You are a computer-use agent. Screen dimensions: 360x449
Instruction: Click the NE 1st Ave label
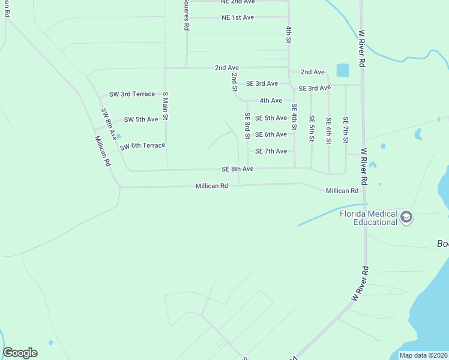[238, 17]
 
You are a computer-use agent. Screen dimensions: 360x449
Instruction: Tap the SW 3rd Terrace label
[132, 94]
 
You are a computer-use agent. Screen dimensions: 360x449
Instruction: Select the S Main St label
[165, 106]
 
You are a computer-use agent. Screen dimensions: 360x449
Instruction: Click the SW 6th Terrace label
[142, 146]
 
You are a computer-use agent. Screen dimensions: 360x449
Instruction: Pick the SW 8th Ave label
[108, 125]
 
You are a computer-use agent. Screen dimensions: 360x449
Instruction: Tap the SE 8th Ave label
[237, 169]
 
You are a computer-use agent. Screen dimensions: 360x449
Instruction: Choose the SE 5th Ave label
[271, 118]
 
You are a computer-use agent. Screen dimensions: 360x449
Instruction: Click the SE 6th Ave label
[271, 134]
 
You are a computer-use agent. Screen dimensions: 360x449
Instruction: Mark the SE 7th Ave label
[271, 151]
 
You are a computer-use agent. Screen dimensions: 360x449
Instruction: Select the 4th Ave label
[271, 101]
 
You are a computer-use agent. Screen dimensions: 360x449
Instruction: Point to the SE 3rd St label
[247, 125]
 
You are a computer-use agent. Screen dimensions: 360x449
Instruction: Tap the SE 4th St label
[294, 117]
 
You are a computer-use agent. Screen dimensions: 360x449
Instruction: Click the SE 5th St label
[312, 129]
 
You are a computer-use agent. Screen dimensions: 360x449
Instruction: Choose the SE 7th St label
[346, 130]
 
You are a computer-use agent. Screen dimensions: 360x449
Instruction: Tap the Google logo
[20, 353]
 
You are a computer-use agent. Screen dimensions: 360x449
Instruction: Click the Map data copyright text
[423, 355]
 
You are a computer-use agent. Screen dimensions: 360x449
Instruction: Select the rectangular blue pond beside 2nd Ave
[343, 70]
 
